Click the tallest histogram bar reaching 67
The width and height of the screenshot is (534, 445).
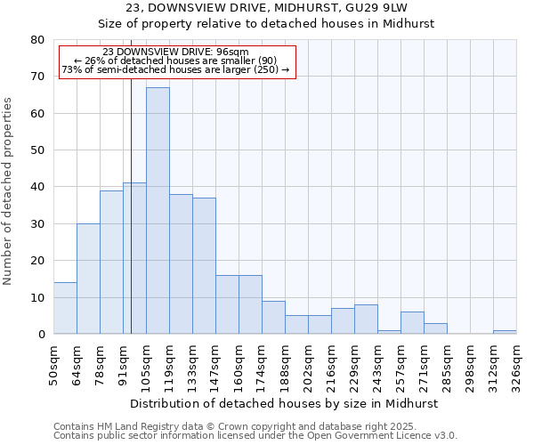click(x=158, y=211)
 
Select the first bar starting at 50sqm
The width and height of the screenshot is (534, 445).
click(x=65, y=308)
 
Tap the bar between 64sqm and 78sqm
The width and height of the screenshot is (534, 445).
click(x=88, y=279)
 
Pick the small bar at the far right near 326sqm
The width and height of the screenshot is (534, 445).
click(x=505, y=332)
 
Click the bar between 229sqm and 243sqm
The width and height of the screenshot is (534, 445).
click(x=366, y=320)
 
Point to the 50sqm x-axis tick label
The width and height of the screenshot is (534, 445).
click(x=53, y=363)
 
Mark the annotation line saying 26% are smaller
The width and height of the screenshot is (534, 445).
click(x=175, y=61)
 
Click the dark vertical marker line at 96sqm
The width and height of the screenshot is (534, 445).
click(x=131, y=222)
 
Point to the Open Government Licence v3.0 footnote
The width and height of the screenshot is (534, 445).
click(x=356, y=435)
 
